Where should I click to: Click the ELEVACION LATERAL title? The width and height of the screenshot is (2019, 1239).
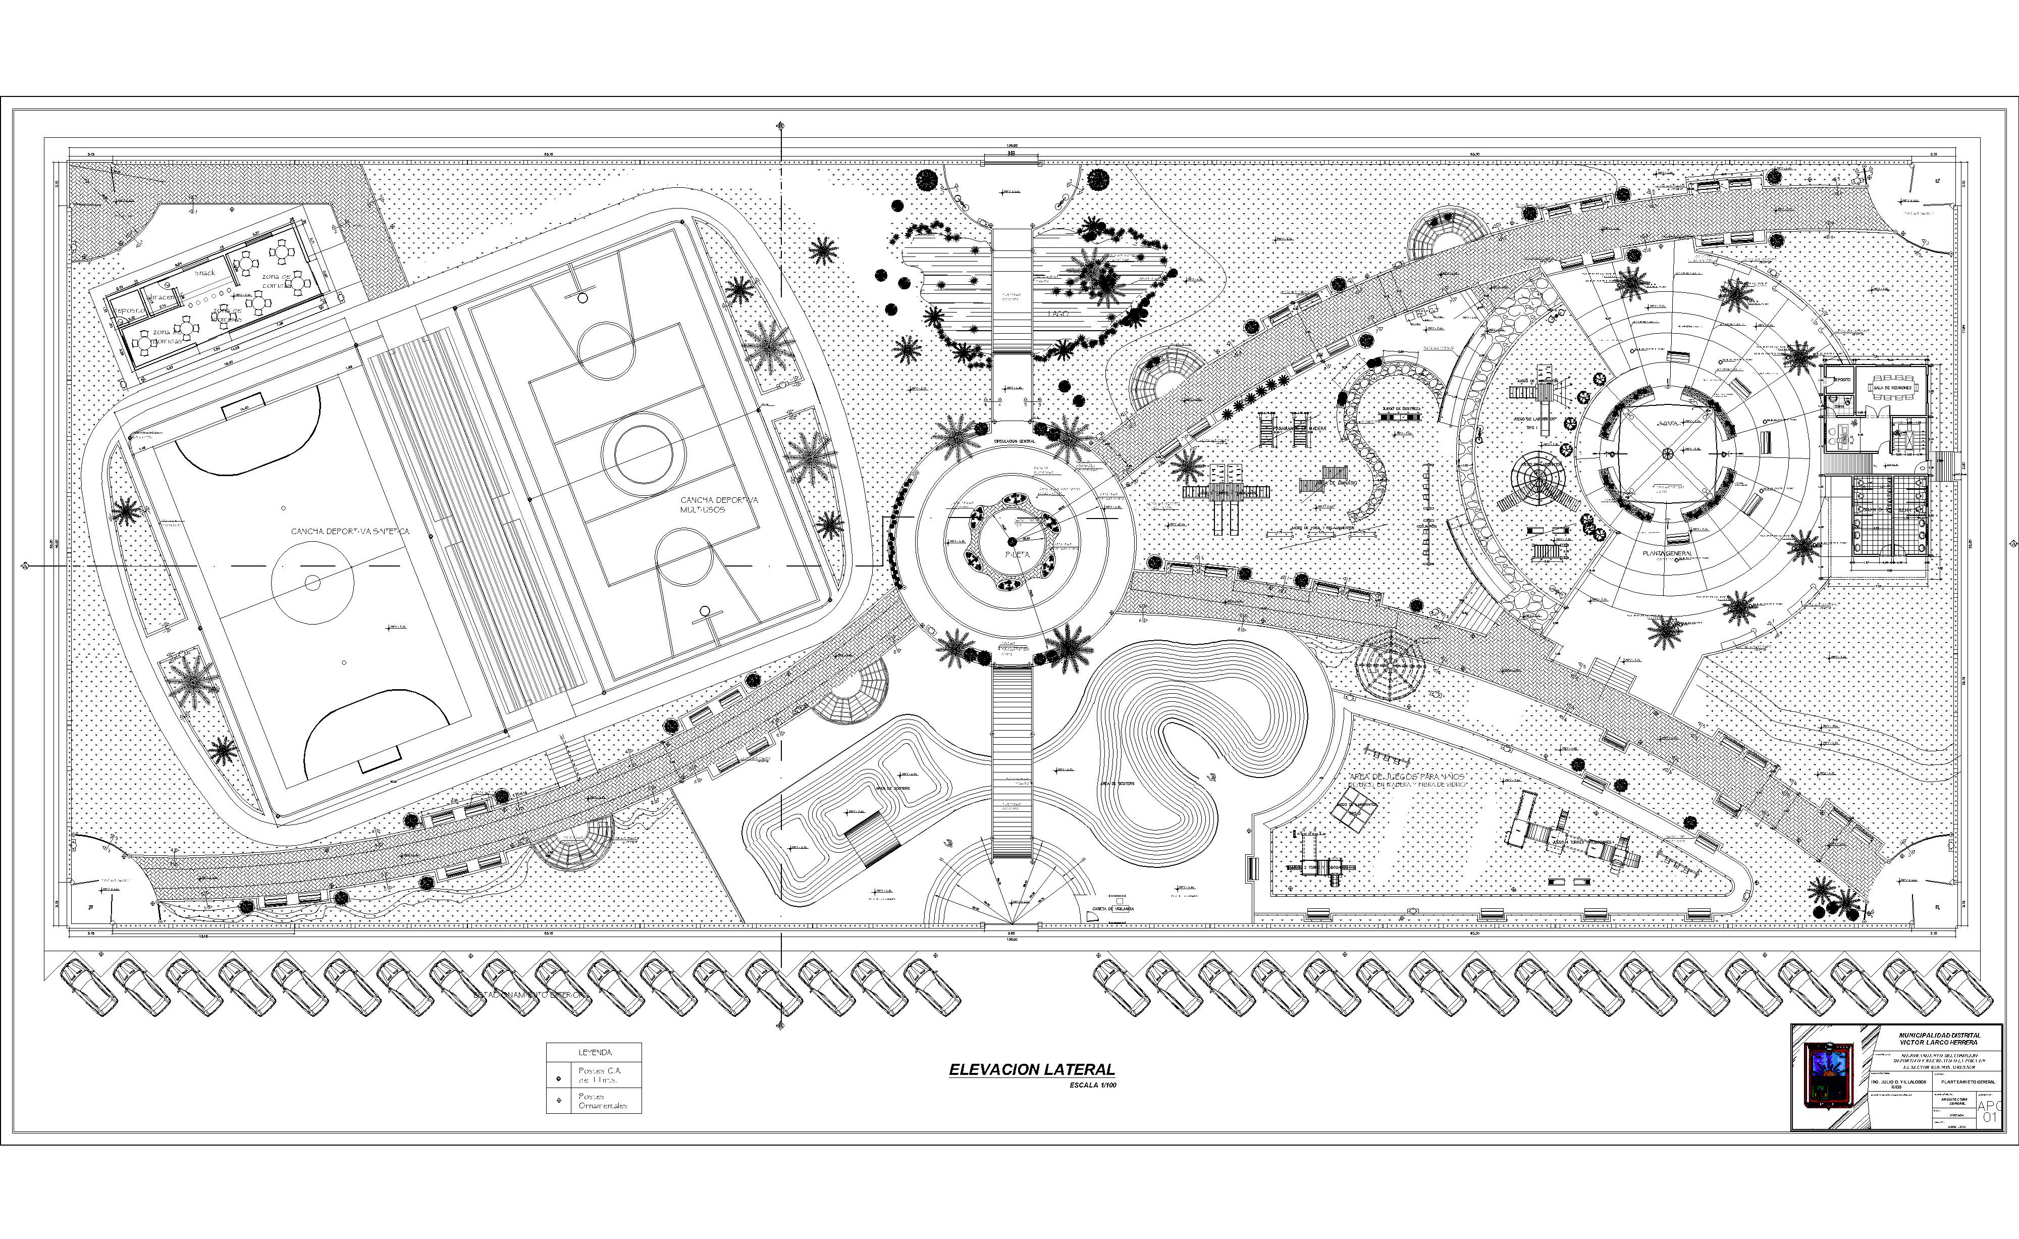1032,1069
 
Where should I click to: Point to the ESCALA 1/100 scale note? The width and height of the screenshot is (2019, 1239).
1093,1086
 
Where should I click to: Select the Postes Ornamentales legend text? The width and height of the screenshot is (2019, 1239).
602,1101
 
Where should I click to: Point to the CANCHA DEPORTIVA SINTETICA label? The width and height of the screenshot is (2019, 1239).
351,532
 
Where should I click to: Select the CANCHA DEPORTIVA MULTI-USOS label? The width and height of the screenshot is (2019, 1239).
719,505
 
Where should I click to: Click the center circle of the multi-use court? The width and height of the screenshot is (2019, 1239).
644,451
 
